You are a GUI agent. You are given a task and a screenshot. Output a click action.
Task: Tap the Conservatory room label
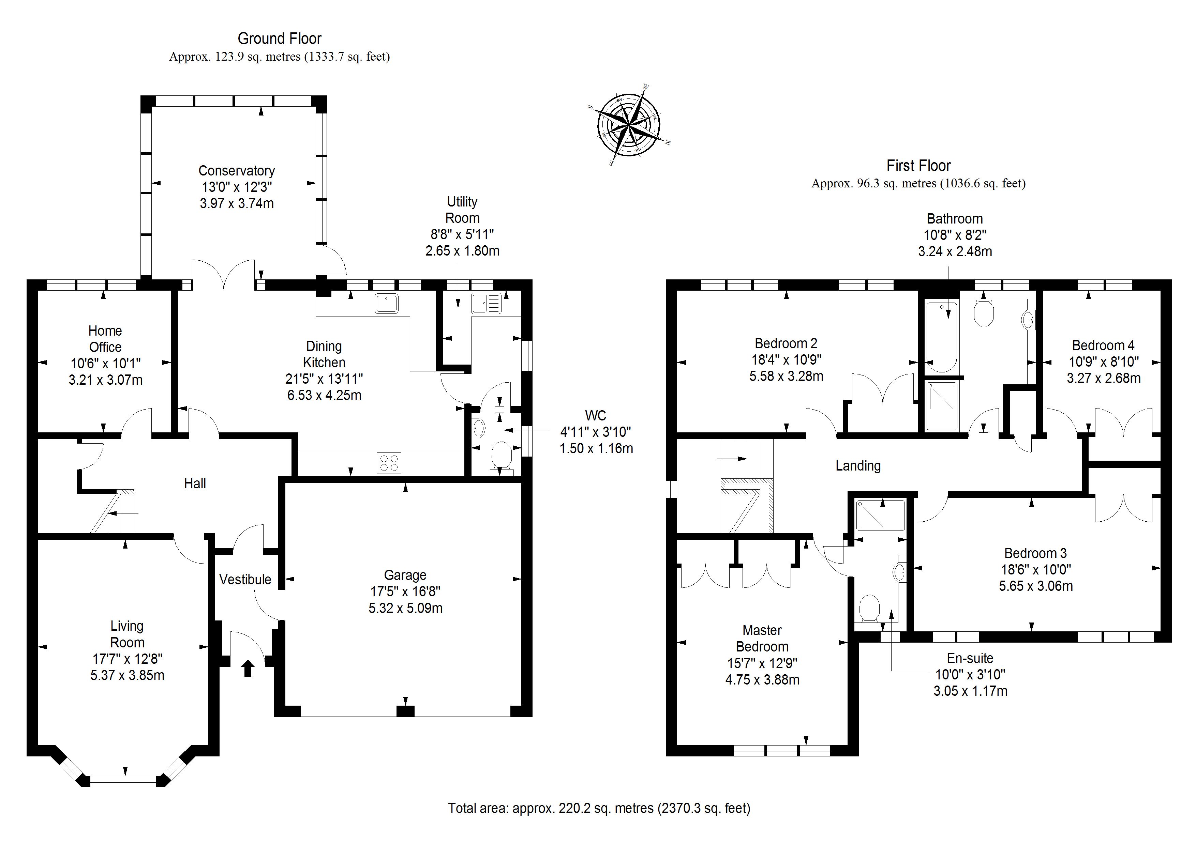tap(237, 171)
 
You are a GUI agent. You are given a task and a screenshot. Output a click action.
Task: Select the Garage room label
tap(405, 575)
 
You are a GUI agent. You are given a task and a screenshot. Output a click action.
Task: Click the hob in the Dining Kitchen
tap(389, 463)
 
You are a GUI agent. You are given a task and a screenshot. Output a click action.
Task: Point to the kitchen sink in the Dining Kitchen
tap(387, 304)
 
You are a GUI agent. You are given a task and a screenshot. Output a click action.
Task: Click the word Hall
tap(195, 483)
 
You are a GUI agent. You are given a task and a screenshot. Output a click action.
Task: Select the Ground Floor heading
tap(280, 38)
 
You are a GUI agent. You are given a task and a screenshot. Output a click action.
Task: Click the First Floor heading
tap(918, 166)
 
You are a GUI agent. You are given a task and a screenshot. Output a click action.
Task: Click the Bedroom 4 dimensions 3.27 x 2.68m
tap(1103, 378)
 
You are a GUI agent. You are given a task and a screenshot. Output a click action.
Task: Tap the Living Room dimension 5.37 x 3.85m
tap(127, 675)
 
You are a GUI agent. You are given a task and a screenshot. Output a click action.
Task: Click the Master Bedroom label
tap(762, 638)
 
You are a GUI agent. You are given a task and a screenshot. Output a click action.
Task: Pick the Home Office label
tap(105, 339)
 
